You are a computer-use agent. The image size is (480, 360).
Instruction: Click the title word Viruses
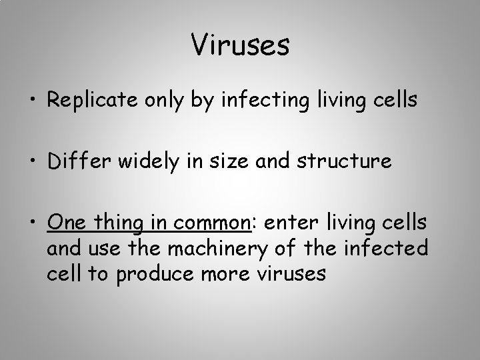pos(240,45)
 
